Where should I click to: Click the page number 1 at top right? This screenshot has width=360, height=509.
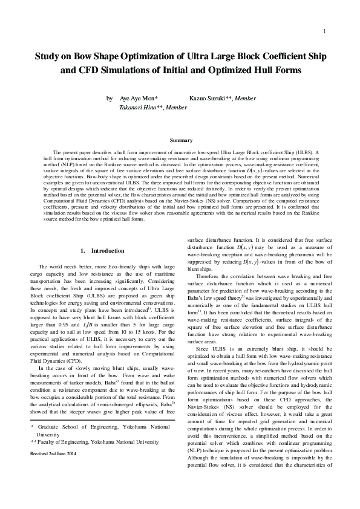[x=325, y=31]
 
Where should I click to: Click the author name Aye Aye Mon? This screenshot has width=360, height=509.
[x=139, y=98]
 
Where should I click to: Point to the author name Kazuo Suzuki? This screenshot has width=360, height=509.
[x=210, y=98]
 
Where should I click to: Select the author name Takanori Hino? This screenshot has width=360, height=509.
[x=137, y=106]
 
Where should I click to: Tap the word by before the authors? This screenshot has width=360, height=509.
[x=110, y=98]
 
